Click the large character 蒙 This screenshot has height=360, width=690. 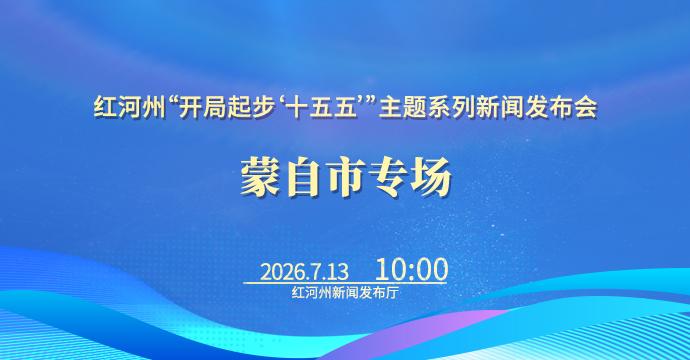point(260,177)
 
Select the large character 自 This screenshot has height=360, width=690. point(303,177)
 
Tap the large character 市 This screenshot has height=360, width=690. point(345,177)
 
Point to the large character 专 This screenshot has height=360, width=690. point(388,177)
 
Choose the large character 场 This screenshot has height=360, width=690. point(431,177)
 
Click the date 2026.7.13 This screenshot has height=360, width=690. point(304,272)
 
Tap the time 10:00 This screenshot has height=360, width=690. point(411,269)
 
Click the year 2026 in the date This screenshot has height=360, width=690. point(279,272)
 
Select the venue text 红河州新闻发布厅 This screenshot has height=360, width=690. point(345,293)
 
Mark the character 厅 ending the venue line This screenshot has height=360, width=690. point(392,293)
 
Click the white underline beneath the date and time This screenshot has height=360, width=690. point(345,283)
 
